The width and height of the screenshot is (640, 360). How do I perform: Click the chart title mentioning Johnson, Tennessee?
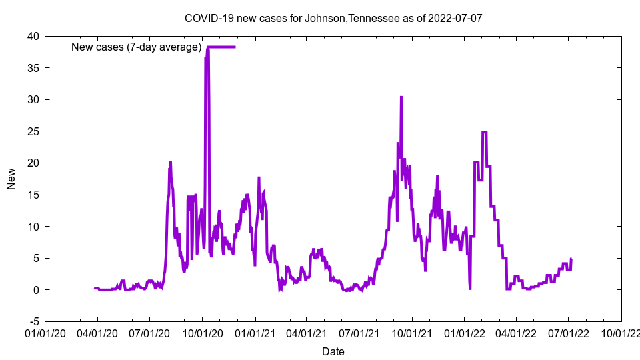tap(333, 18)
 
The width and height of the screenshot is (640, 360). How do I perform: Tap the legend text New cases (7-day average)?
tap(137, 47)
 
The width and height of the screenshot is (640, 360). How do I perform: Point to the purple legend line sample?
tap(221, 47)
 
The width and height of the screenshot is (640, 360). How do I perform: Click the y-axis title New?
tap(11, 179)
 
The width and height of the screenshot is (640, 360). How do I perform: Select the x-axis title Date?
tap(333, 351)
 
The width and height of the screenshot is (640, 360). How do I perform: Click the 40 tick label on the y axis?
tap(33, 36)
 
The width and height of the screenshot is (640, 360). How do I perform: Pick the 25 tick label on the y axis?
tap(33, 131)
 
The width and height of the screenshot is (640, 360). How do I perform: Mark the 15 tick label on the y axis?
tap(33, 195)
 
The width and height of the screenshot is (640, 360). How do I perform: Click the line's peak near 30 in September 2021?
tap(401, 97)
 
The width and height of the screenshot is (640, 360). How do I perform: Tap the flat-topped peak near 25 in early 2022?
tap(484, 132)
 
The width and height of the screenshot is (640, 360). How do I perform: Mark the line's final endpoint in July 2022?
tap(571, 259)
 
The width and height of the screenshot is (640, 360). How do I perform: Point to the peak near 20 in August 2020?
tap(171, 162)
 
